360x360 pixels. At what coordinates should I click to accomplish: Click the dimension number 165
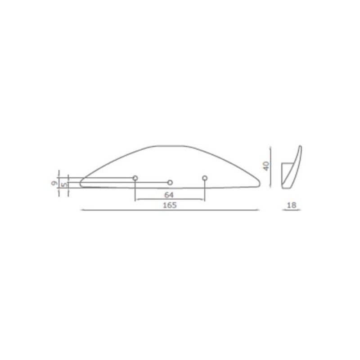point(170,205)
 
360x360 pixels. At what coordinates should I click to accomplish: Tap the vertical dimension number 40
point(266,166)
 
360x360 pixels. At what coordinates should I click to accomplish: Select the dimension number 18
point(292,205)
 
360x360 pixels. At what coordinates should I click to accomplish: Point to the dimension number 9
point(54,183)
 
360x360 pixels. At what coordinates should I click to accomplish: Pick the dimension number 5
point(64,184)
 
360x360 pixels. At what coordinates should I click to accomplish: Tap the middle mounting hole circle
point(170,182)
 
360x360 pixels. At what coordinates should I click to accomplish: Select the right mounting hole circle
point(205,179)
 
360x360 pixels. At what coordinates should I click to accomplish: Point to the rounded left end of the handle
point(81,182)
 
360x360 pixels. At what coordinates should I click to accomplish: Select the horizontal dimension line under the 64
point(170,199)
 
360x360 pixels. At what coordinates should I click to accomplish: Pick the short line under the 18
point(291,210)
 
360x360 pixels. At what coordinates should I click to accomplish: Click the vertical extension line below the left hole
point(135,191)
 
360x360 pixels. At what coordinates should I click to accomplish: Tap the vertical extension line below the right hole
point(205,191)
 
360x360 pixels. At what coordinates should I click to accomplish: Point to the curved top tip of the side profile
point(301,147)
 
